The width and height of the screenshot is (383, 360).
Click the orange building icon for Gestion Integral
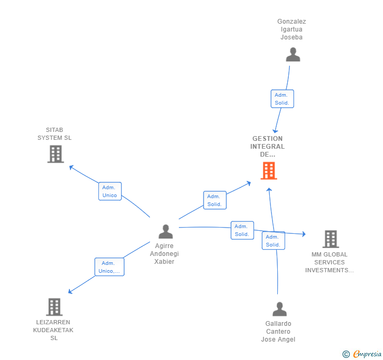(269, 171)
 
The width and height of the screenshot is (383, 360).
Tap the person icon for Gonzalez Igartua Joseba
(293, 55)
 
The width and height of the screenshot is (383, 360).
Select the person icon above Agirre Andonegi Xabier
(166, 231)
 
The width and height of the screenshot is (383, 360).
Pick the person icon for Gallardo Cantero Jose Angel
(280, 309)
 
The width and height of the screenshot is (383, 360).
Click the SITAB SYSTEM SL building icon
(55, 154)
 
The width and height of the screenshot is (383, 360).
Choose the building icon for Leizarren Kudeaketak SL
(54, 307)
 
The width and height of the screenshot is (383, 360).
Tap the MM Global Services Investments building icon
(330, 239)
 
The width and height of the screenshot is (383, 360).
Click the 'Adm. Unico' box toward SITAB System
(110, 191)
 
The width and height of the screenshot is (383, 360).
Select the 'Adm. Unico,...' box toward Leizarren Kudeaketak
(109, 267)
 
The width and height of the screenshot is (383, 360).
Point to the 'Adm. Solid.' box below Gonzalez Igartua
(282, 99)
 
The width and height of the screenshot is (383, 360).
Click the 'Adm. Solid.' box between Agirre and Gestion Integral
(214, 200)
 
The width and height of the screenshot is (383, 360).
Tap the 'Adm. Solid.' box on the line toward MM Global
(242, 230)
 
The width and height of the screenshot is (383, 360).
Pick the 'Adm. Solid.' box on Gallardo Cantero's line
(273, 241)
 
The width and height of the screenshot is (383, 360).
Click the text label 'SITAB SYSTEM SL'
(54, 134)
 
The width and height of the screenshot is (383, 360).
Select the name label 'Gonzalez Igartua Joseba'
(291, 29)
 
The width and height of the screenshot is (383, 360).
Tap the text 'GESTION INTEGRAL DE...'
(268, 147)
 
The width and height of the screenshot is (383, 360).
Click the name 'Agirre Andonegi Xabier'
(164, 254)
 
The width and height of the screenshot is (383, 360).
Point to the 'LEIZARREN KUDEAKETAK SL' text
(54, 330)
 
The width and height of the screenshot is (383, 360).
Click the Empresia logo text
(367, 354)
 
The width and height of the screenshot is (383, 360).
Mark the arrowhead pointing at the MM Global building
(304, 234)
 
